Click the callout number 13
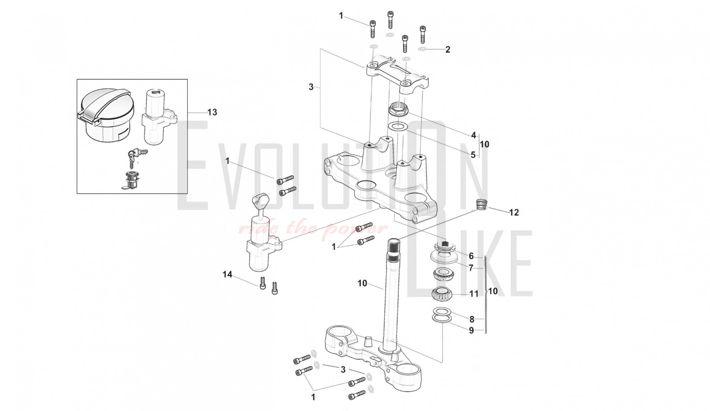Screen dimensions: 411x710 pyautogui.click(x=212, y=113)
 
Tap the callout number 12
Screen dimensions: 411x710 pyautogui.click(x=514, y=213)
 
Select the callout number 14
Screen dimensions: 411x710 pyautogui.click(x=227, y=274)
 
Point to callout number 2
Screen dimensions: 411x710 pyautogui.click(x=448, y=50)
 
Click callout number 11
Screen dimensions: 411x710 pyautogui.click(x=474, y=294)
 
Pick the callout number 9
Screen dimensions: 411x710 pyautogui.click(x=471, y=330)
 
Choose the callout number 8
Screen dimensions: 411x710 pyautogui.click(x=472, y=319)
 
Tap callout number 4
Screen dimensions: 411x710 pyautogui.click(x=474, y=135)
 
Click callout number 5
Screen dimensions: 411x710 pyautogui.click(x=473, y=155)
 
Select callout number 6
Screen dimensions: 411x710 pyautogui.click(x=471, y=256)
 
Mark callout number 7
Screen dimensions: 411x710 pyautogui.click(x=471, y=268)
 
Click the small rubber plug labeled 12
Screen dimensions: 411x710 pyautogui.click(x=481, y=205)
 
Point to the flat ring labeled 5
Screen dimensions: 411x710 pyautogui.click(x=398, y=126)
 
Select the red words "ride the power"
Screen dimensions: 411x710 pyautogui.click(x=312, y=229)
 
